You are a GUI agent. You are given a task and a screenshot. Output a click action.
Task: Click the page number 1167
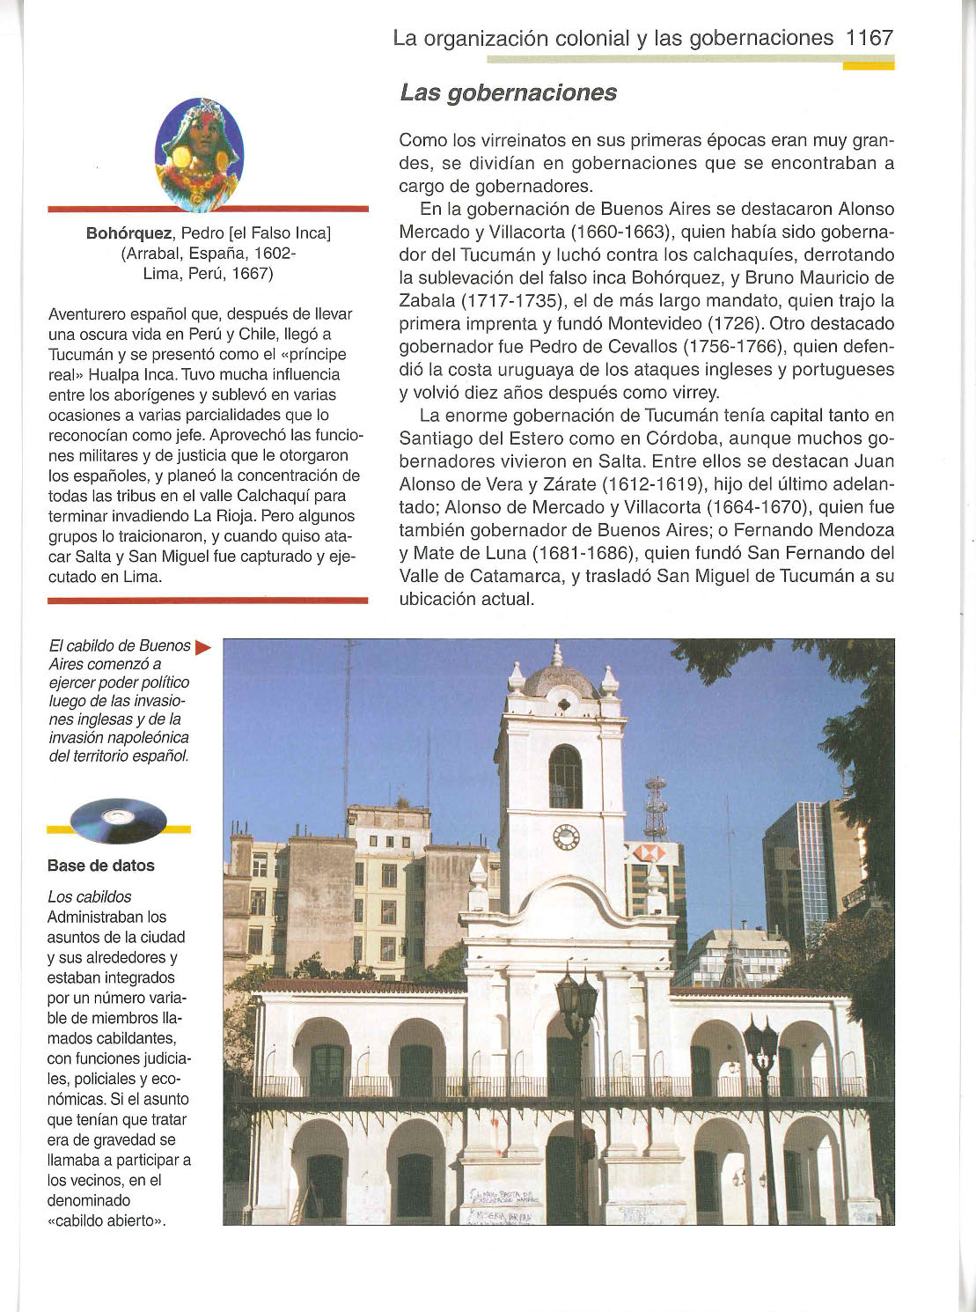(869, 38)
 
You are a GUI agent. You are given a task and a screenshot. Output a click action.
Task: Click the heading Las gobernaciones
(508, 92)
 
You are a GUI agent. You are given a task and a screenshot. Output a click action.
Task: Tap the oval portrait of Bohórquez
(199, 153)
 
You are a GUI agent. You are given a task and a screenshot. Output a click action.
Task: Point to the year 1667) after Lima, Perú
(251, 274)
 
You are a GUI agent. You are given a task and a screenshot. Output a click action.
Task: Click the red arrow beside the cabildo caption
(202, 647)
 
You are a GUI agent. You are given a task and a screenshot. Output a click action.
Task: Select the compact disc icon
(118, 820)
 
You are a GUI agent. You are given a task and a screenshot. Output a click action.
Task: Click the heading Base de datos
(101, 866)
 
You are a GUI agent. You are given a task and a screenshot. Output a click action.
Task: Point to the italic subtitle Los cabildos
(89, 896)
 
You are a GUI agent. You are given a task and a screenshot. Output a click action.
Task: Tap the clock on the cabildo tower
(566, 837)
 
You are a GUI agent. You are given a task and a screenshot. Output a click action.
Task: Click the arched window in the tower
(565, 776)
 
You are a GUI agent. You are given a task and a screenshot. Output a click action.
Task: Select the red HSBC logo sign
(649, 852)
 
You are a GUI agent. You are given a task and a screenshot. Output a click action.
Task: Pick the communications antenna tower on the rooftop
(656, 807)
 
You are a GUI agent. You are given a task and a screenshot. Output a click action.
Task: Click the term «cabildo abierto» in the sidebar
(108, 1220)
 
